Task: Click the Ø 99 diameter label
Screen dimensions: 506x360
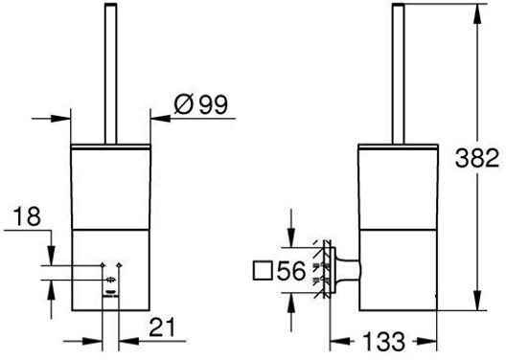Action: (200, 104)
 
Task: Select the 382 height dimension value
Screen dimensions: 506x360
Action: (477, 158)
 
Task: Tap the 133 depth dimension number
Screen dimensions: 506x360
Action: (383, 341)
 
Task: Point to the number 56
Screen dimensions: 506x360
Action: (290, 271)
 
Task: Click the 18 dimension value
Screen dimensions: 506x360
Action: (28, 216)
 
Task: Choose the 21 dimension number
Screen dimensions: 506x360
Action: (162, 327)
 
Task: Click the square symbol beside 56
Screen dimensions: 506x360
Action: (263, 271)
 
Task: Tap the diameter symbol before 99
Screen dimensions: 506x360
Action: (184, 104)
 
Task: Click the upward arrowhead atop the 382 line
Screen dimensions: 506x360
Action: (477, 13)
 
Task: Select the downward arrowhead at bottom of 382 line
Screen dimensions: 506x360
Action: (477, 301)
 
